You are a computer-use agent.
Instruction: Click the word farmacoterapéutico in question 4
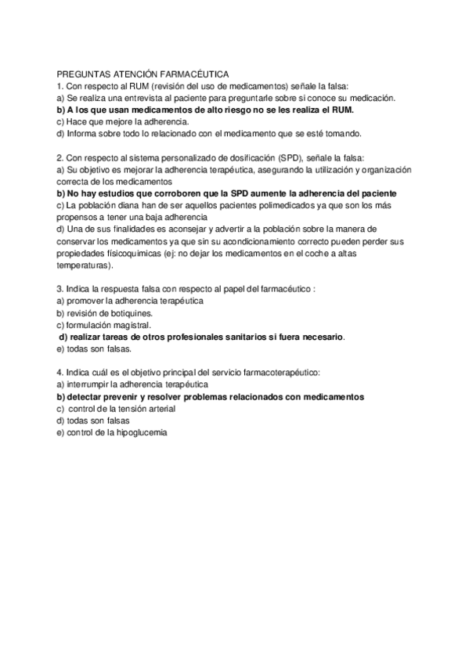(276, 373)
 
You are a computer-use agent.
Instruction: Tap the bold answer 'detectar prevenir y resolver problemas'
(211, 396)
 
